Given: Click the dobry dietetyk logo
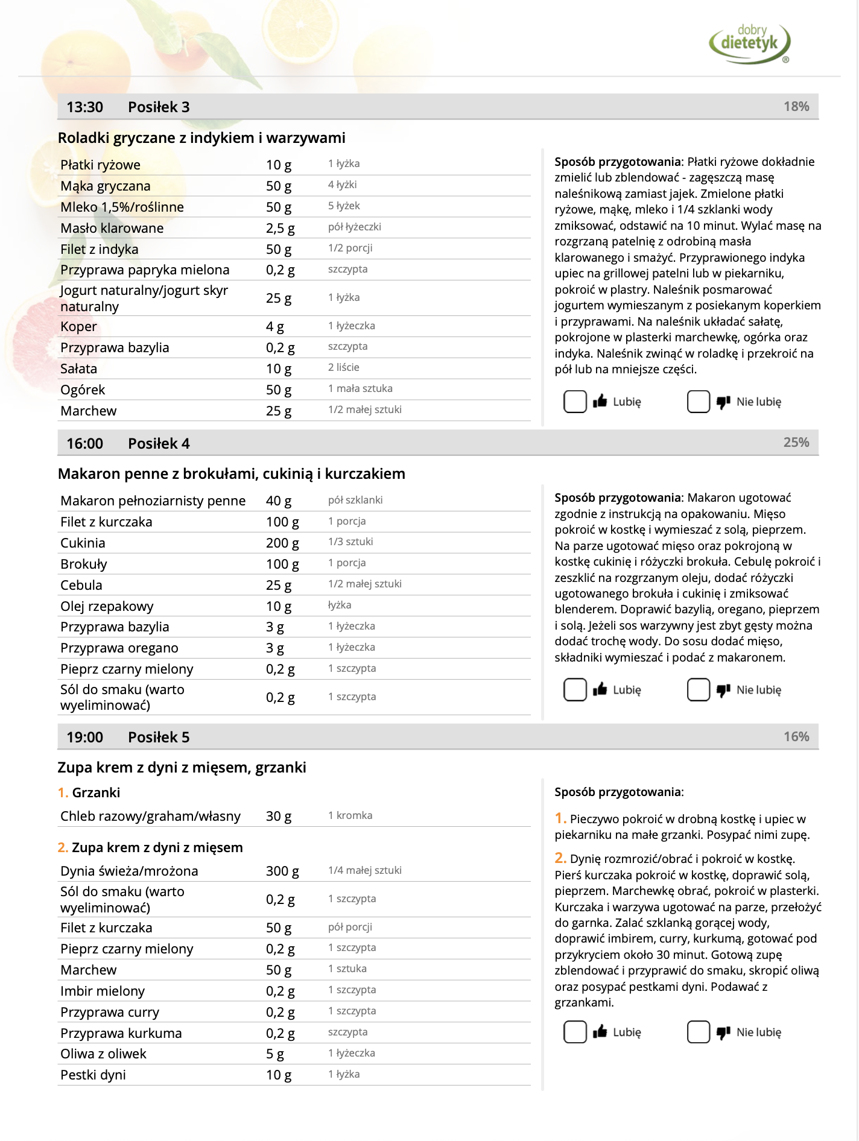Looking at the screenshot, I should [x=750, y=43].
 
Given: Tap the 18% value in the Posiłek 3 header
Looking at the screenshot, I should [x=796, y=107].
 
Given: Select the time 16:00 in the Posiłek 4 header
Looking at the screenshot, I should [x=84, y=444].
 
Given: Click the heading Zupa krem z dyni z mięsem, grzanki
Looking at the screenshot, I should [x=182, y=768].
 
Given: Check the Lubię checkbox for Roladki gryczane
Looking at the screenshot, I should [x=575, y=402].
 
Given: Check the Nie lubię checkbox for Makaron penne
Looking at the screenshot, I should [x=698, y=690].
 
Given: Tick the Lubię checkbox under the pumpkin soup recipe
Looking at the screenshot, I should [x=575, y=1032].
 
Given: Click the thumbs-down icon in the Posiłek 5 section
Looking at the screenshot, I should [x=723, y=1032].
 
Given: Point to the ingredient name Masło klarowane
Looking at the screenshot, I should [x=112, y=229].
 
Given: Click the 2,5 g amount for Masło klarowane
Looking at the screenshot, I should [x=280, y=229].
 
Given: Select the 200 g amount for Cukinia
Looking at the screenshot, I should [x=282, y=543].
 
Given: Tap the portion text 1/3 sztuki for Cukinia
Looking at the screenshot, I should [x=350, y=542].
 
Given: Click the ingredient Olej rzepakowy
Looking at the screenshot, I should [x=107, y=607].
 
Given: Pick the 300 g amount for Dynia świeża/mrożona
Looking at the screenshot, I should [x=282, y=871].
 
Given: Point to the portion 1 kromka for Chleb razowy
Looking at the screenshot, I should [x=350, y=815].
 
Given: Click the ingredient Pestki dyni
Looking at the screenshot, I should [x=93, y=1075].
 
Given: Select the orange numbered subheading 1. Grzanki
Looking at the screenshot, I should [x=89, y=793].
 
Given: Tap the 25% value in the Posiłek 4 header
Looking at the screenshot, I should [x=796, y=443].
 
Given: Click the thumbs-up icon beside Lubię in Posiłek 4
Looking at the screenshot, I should [x=600, y=689].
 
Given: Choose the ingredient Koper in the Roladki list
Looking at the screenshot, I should [x=78, y=327].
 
